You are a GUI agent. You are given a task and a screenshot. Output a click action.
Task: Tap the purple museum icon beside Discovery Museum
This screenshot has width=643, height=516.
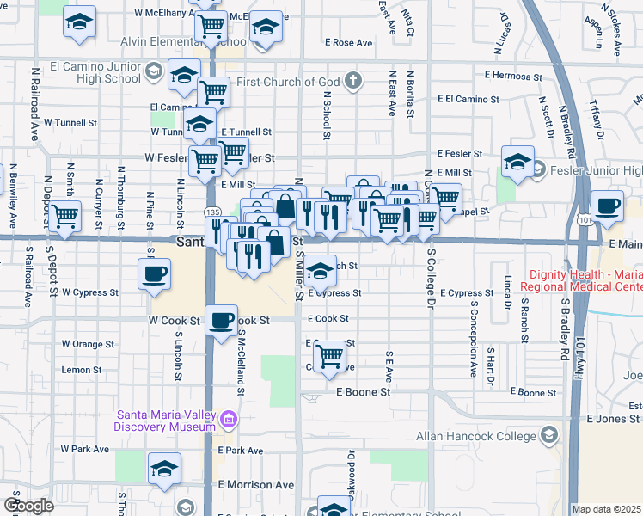coord(229,420)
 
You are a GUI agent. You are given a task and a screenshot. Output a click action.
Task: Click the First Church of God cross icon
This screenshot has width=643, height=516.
coord(352,81)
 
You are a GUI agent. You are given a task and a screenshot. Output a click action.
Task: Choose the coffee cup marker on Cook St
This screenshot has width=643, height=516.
coord(221,321)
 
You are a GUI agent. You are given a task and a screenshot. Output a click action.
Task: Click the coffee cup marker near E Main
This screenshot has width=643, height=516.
coord(608,206)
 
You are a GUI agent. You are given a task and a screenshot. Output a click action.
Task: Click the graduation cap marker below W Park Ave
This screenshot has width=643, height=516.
coord(163,469)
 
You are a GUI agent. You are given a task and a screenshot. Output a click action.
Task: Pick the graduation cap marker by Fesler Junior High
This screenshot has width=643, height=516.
coord(517,162)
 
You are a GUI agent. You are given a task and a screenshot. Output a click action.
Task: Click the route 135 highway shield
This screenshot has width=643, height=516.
coord(210,211)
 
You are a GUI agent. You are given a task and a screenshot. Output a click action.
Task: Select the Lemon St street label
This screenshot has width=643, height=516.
coord(81,370)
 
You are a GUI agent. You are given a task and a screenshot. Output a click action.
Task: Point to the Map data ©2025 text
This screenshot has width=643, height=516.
coord(607,509)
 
